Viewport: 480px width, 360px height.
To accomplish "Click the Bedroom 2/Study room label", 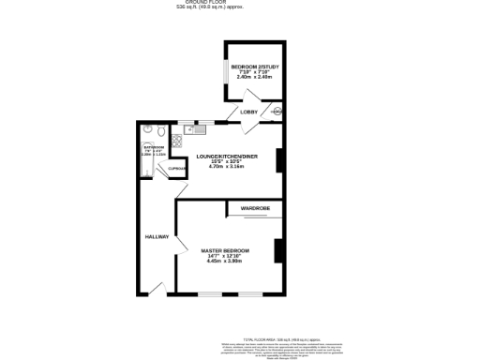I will [x=251, y=67].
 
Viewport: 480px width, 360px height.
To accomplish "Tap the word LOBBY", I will [x=249, y=112].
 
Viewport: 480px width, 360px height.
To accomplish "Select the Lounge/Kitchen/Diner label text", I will [x=225, y=156].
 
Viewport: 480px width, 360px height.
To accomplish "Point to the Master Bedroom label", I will [x=225, y=250].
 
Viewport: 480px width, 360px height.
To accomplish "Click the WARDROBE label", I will [x=255, y=207].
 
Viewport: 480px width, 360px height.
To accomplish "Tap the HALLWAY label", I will [x=156, y=237].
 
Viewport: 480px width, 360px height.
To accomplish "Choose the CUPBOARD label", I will [x=176, y=168].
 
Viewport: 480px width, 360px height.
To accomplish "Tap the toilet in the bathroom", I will [x=147, y=132].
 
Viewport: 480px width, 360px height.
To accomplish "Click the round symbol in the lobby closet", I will [x=275, y=112].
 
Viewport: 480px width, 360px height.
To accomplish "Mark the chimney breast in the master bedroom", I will [x=277, y=251].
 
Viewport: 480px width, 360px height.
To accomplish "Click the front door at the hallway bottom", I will [x=156, y=288].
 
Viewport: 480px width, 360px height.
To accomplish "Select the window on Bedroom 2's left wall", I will [x=223, y=72].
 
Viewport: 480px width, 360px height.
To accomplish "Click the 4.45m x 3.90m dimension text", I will [x=225, y=261].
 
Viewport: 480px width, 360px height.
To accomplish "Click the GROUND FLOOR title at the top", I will [x=239, y=3].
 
